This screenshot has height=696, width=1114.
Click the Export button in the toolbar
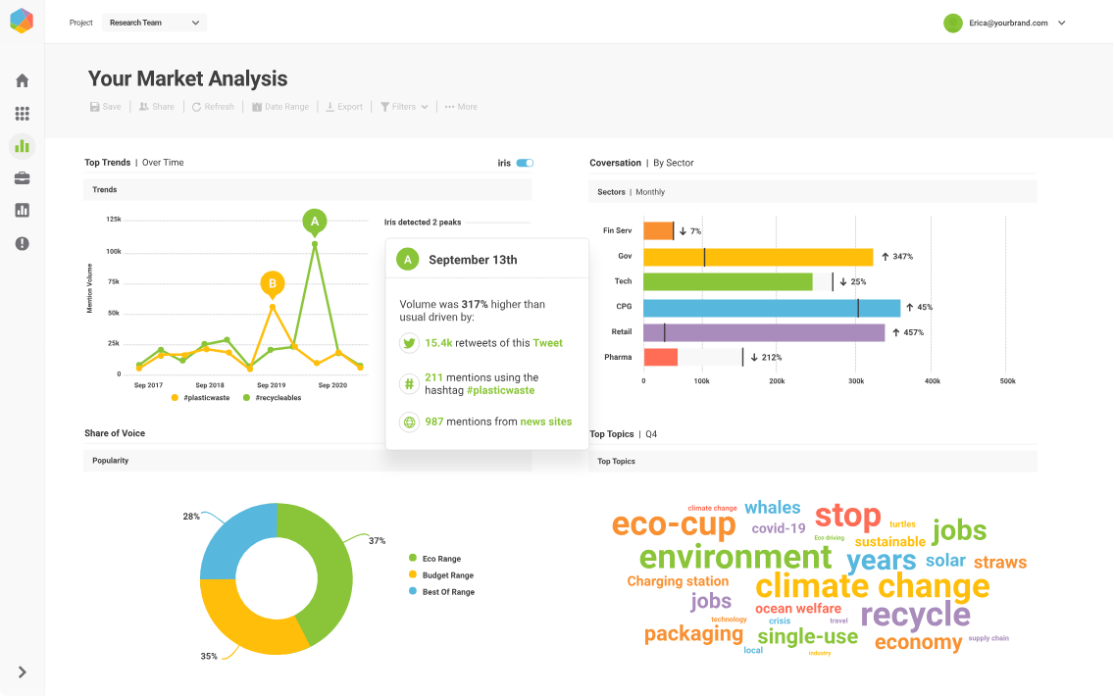pyautogui.click(x=344, y=107)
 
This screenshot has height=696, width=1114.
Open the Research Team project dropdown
pyautogui.click(x=154, y=23)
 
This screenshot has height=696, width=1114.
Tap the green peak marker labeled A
pyautogui.click(x=315, y=222)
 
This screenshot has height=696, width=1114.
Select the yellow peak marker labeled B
pyautogui.click(x=273, y=284)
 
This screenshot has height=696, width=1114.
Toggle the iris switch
pyautogui.click(x=525, y=163)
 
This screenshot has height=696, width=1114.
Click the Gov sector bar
pyautogui.click(x=758, y=257)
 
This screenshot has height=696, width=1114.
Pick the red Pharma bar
pyautogui.click(x=661, y=357)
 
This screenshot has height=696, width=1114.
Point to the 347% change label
pyautogui.click(x=897, y=257)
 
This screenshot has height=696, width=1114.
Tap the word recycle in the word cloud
pyautogui.click(x=915, y=615)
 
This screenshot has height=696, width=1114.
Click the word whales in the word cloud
pyautogui.click(x=773, y=508)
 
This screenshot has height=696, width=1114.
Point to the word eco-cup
pyautogui.click(x=674, y=524)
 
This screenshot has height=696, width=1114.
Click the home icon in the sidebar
pyautogui.click(x=22, y=80)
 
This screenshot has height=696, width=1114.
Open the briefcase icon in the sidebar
pyautogui.click(x=22, y=178)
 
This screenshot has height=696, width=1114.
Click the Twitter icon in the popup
pyautogui.click(x=409, y=343)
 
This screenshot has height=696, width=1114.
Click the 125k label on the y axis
pyautogui.click(x=114, y=220)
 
